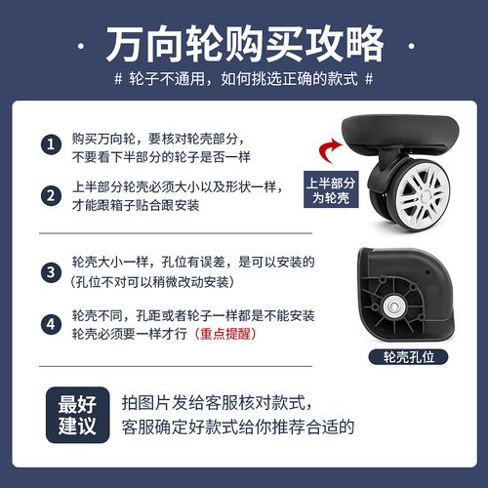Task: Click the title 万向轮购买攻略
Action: (244, 44)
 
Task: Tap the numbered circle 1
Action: (51, 144)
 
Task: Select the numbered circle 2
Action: (51, 195)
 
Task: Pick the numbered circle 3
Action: (51, 270)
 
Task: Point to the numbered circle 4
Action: (51, 323)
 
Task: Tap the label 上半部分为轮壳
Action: (330, 189)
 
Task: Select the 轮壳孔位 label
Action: (403, 357)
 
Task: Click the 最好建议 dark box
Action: (81, 414)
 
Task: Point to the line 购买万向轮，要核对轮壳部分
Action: (162, 138)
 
